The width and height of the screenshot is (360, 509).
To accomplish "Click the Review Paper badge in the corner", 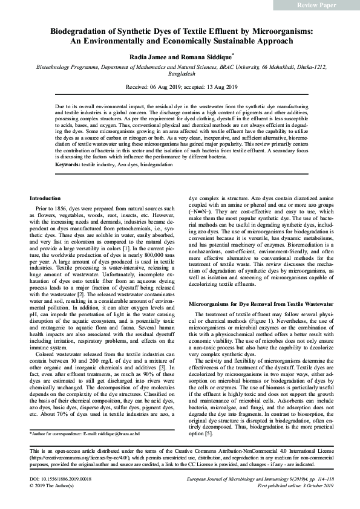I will [x=316, y=5].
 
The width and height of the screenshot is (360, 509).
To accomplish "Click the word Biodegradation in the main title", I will [x=77, y=30].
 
